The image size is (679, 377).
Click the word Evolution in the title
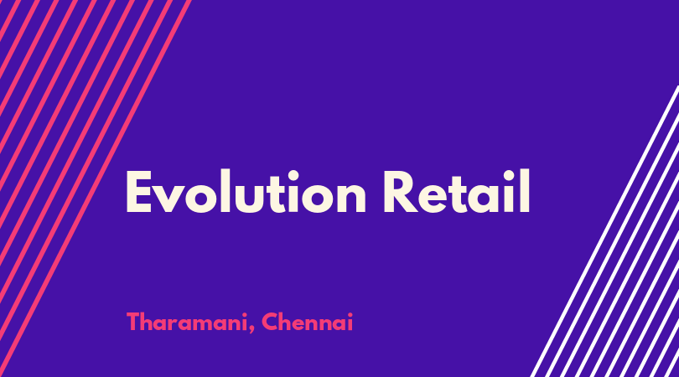246,191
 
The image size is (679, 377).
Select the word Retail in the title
457,191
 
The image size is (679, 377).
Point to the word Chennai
308,322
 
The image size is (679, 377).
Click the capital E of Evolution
138,192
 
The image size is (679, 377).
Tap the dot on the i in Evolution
293,176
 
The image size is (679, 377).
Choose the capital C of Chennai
270,322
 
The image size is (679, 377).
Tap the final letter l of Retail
525,191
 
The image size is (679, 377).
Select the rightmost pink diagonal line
96,188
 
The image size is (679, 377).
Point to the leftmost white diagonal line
605,231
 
